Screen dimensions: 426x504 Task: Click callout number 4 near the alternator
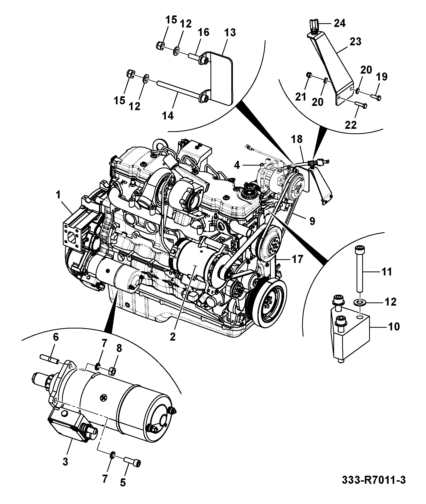pyautogui.click(x=237, y=165)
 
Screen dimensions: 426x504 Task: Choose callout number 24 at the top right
pyautogui.click(x=339, y=23)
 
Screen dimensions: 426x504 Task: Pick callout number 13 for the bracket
pyautogui.click(x=230, y=33)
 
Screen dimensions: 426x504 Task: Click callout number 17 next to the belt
pyautogui.click(x=298, y=259)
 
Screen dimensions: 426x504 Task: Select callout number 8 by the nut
pyautogui.click(x=119, y=348)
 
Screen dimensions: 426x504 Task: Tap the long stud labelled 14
pyautogui.click(x=179, y=92)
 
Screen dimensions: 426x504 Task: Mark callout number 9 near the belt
pyautogui.click(x=312, y=221)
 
